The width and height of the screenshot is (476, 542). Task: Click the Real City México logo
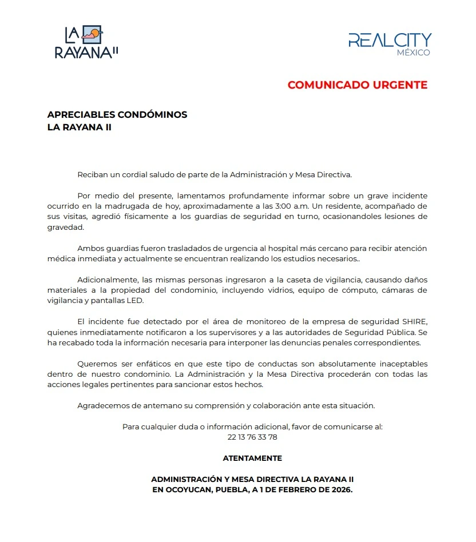point(390,43)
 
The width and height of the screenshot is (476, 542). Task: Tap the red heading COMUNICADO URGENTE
point(357,85)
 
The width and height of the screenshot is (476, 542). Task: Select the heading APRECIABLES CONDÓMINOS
point(117,114)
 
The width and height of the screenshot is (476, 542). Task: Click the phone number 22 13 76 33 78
point(252,437)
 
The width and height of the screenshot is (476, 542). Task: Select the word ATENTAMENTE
point(252,458)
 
